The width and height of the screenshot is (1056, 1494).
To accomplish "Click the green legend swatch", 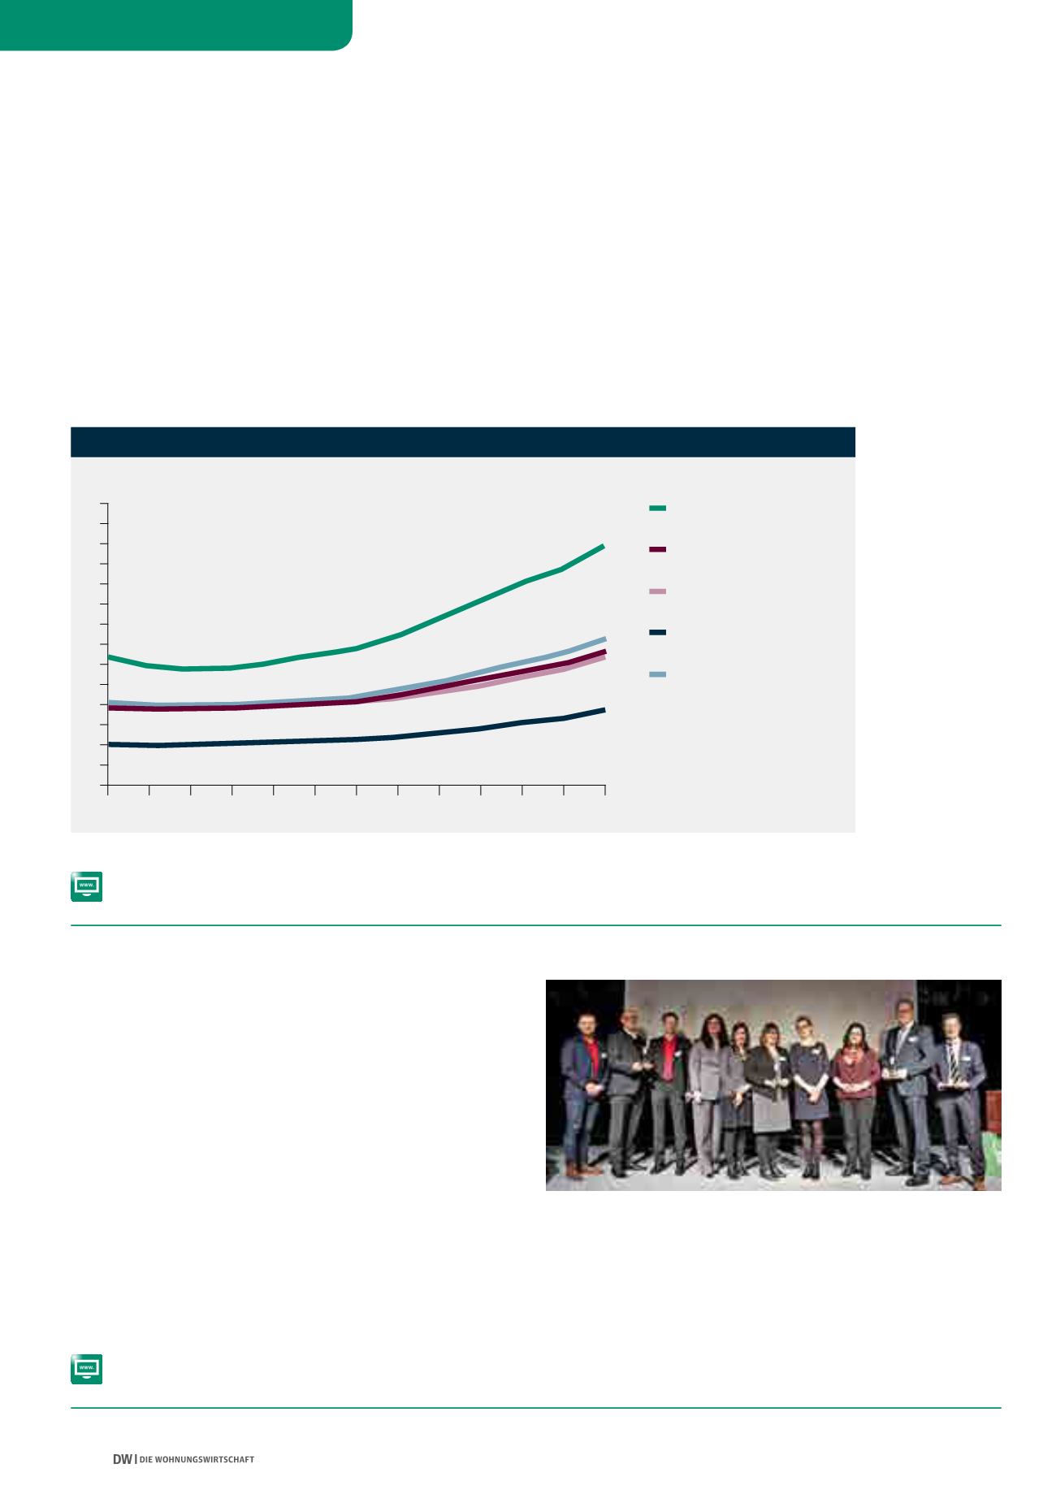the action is (658, 508).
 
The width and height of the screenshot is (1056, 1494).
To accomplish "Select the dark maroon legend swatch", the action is (658, 550).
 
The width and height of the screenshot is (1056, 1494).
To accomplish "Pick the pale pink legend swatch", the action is (658, 591).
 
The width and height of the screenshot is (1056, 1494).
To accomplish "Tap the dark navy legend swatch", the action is (658, 632).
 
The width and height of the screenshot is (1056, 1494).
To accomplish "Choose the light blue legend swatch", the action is (658, 674).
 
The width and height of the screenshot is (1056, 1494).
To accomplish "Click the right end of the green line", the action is (604, 546).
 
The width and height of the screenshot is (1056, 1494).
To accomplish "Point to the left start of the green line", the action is (109, 656).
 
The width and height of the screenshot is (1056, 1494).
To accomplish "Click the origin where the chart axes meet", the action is (108, 786).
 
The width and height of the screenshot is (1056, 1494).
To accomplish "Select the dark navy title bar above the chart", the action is (463, 442).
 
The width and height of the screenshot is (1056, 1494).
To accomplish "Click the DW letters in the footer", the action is (122, 1459).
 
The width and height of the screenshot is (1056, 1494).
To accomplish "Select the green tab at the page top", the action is (175, 24).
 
